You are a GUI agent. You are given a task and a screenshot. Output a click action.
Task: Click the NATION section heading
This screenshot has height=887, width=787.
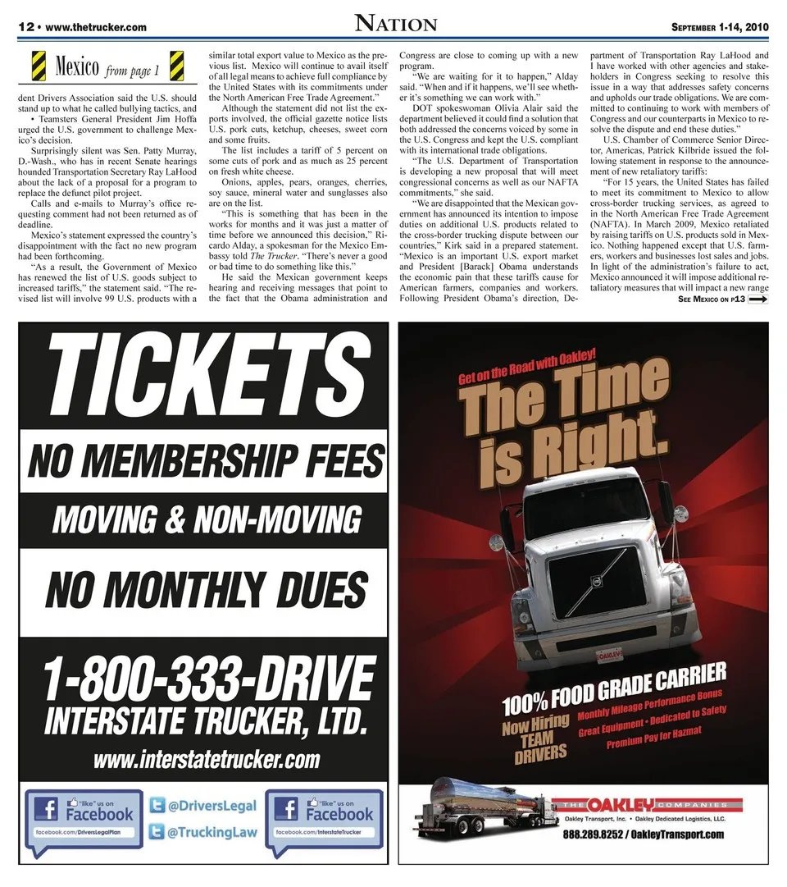click(396, 24)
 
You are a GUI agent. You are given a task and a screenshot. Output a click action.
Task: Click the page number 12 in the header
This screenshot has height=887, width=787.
click(28, 27)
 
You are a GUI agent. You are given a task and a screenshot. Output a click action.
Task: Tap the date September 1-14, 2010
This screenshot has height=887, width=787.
click(720, 27)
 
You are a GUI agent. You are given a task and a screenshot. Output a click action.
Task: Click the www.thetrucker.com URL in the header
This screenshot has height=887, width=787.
click(97, 27)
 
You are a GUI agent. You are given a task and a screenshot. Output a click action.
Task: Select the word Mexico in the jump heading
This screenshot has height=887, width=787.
click(77, 66)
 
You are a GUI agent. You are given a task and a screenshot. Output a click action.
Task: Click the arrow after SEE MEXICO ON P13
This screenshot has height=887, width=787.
click(757, 300)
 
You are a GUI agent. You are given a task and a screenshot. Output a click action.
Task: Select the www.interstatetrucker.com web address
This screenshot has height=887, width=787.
click(206, 759)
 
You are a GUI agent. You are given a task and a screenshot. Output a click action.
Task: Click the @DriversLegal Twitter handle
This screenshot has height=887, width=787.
click(212, 807)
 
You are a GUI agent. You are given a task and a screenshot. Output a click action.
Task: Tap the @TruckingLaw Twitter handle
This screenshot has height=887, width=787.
click(212, 833)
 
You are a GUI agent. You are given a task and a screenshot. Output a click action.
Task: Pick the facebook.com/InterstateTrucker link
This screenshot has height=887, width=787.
click(324, 832)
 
